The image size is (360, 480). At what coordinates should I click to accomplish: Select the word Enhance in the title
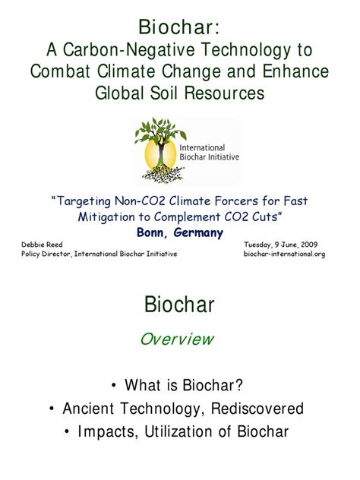tap(295, 71)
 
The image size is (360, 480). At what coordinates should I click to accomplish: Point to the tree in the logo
tap(160, 150)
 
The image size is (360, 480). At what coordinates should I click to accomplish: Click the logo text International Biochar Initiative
tap(209, 153)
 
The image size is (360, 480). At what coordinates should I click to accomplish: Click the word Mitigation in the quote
tap(107, 217)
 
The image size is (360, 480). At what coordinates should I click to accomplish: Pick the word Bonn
tap(152, 232)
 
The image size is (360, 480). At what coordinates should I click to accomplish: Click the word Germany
tap(198, 233)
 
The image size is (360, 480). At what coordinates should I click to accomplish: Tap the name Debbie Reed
tap(42, 245)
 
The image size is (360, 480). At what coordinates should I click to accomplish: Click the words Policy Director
tap(47, 254)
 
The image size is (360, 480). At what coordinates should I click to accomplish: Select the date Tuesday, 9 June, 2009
tap(281, 245)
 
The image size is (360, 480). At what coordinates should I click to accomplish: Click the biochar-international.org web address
tap(284, 254)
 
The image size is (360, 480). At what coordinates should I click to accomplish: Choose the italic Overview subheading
tap(177, 339)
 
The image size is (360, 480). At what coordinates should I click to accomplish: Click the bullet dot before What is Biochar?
tap(114, 385)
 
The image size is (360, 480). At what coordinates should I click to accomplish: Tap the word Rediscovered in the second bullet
tap(257, 409)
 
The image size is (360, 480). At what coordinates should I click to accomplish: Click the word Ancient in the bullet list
tap(88, 409)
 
